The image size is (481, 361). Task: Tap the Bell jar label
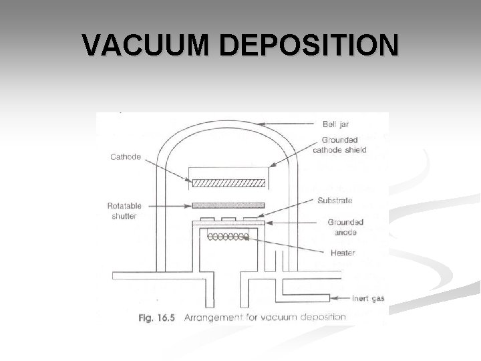[334, 124]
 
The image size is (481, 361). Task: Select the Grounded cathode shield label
[344, 145]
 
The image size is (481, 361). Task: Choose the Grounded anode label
[343, 227]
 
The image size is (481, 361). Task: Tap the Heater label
[343, 253]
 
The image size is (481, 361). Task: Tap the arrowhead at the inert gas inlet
[336, 297]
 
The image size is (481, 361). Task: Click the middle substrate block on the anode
[229, 219]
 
